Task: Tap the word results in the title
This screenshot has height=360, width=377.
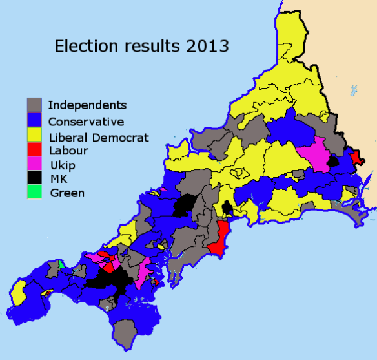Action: tap(150, 47)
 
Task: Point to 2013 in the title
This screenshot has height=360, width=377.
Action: tap(207, 47)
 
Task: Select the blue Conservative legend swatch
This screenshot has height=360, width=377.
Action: tap(35, 121)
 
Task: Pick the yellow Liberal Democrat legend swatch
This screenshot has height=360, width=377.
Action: tap(35, 136)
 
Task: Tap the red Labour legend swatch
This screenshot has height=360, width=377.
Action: tap(35, 151)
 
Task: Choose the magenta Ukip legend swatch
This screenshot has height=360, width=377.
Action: tap(35, 165)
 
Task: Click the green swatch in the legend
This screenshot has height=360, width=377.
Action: tap(35, 192)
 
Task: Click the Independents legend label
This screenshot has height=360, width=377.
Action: tap(87, 105)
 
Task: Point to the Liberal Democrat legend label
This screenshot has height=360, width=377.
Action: tap(99, 136)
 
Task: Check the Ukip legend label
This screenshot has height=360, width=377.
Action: tap(63, 165)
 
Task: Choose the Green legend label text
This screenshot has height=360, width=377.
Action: tap(65, 192)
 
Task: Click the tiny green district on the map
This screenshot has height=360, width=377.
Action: tap(60, 264)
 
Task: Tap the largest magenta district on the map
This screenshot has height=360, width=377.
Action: tap(313, 153)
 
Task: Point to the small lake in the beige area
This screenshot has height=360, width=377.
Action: tap(353, 89)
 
